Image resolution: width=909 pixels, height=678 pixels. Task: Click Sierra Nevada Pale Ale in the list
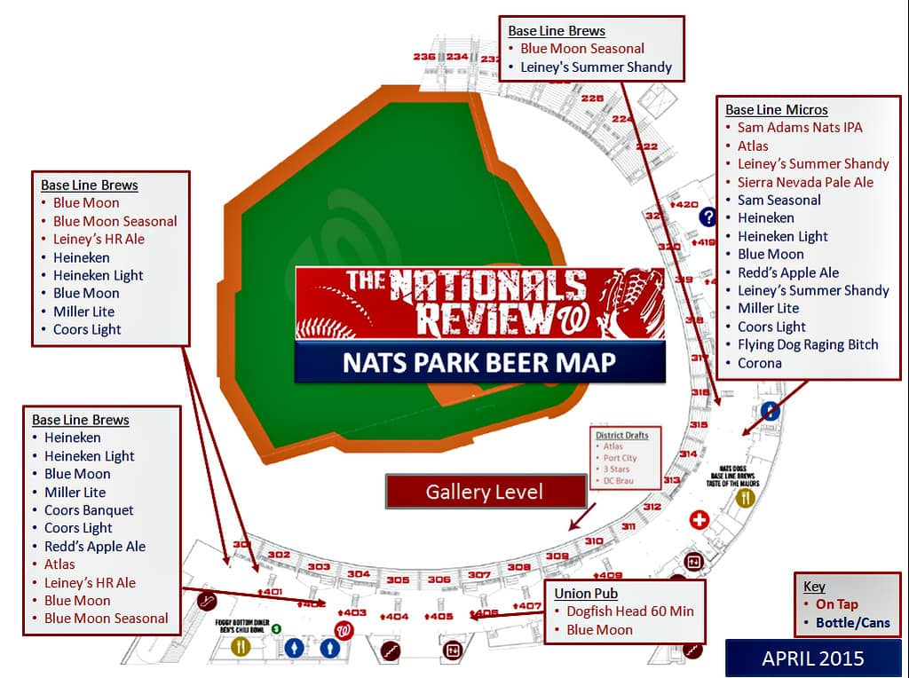tap(805, 182)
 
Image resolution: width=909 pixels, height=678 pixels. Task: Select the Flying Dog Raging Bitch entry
tap(808, 344)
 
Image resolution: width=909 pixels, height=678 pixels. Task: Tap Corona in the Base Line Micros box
tap(760, 363)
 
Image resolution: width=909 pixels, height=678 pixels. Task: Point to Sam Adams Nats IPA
tap(800, 128)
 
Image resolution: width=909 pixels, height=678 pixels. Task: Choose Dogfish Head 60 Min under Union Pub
tap(630, 611)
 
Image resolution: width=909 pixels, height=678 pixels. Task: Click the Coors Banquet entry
tap(89, 510)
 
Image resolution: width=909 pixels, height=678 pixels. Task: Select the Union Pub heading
tap(586, 593)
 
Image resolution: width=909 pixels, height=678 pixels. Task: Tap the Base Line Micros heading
tap(777, 110)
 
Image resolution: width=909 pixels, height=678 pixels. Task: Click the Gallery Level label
tap(485, 492)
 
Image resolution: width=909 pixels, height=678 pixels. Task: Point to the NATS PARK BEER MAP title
tap(480, 363)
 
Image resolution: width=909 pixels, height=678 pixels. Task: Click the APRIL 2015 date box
tap(812, 658)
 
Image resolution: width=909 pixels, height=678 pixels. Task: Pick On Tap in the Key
tap(837, 604)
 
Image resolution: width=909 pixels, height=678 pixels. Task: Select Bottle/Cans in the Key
tap(853, 622)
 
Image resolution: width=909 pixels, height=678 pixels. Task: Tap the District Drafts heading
tap(622, 435)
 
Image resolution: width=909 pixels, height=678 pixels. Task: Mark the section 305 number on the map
tap(398, 580)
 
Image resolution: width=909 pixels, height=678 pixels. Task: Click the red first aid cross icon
tap(699, 520)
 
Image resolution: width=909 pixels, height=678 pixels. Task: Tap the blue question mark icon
tap(707, 217)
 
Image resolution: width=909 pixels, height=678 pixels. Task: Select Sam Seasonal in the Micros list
tap(779, 200)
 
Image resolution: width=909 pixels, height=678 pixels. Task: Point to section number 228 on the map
tap(592, 99)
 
